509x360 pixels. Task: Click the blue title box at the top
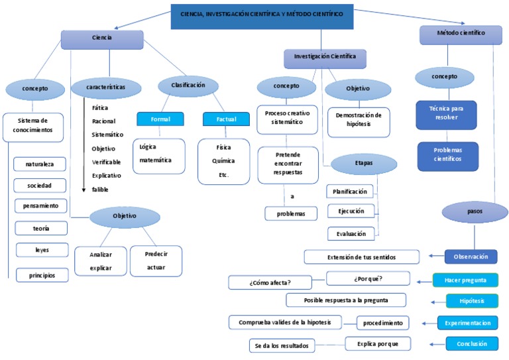tap(262, 15)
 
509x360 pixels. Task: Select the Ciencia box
tap(102, 39)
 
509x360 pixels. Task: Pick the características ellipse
tap(105, 87)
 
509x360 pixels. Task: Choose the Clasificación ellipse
tap(188, 86)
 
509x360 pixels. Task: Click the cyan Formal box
tap(160, 119)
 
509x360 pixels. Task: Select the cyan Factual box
tap(226, 119)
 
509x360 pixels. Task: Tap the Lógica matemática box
tap(158, 156)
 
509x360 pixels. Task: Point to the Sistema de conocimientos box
tap(34, 126)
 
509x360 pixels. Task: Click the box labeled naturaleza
tap(41, 164)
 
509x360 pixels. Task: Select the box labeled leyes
tap(41, 251)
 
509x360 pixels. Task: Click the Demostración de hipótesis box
tap(359, 121)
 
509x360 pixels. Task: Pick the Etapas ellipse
tap(363, 163)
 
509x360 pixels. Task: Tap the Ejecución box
tap(351, 211)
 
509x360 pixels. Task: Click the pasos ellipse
tap(474, 213)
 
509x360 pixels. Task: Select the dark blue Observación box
tap(471, 257)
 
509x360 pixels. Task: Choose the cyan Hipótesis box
tap(471, 301)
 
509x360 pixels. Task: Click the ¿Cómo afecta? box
tap(271, 283)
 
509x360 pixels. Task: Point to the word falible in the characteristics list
tap(100, 190)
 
